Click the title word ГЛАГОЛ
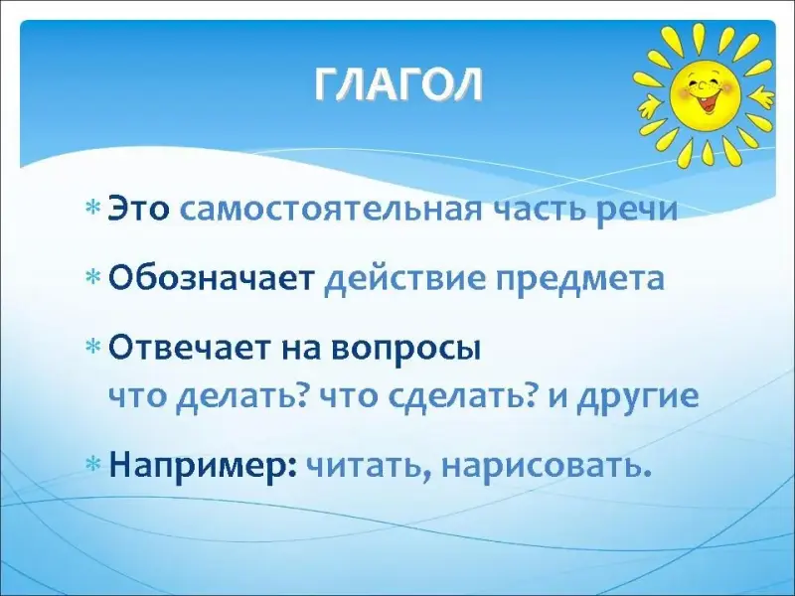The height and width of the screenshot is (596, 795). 398,85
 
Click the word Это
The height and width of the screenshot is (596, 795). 139,209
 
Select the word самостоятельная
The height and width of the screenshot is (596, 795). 331,210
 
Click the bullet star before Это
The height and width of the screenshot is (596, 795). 93,208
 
